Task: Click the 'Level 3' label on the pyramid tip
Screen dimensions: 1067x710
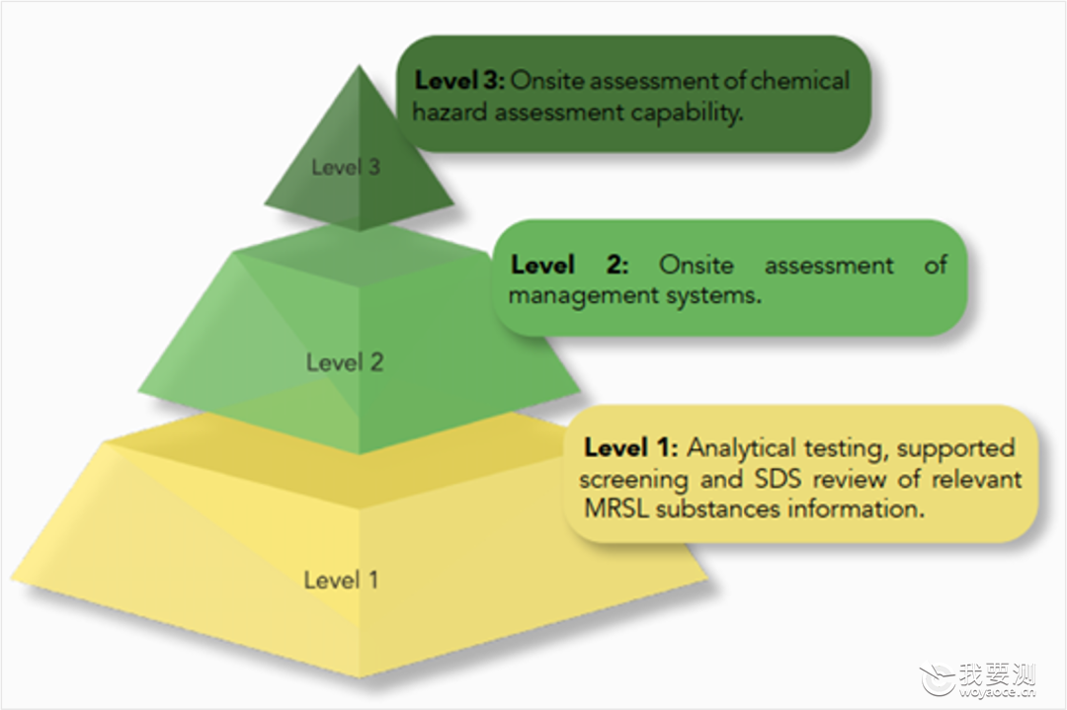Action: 346,167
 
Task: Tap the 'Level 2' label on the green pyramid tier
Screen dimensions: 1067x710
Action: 345,361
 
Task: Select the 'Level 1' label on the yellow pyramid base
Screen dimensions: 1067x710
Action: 341,580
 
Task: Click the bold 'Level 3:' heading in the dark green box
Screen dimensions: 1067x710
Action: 459,80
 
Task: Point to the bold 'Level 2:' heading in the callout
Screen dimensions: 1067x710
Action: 570,265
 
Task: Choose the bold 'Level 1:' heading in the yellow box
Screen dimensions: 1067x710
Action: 630,447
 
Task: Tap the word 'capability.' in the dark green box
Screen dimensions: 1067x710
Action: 687,113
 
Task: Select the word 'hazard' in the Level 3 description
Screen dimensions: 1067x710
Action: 450,113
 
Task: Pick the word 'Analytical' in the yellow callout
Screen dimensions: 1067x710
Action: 741,447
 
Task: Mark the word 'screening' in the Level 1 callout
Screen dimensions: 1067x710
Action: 633,480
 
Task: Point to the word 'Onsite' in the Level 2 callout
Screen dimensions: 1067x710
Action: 697,265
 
